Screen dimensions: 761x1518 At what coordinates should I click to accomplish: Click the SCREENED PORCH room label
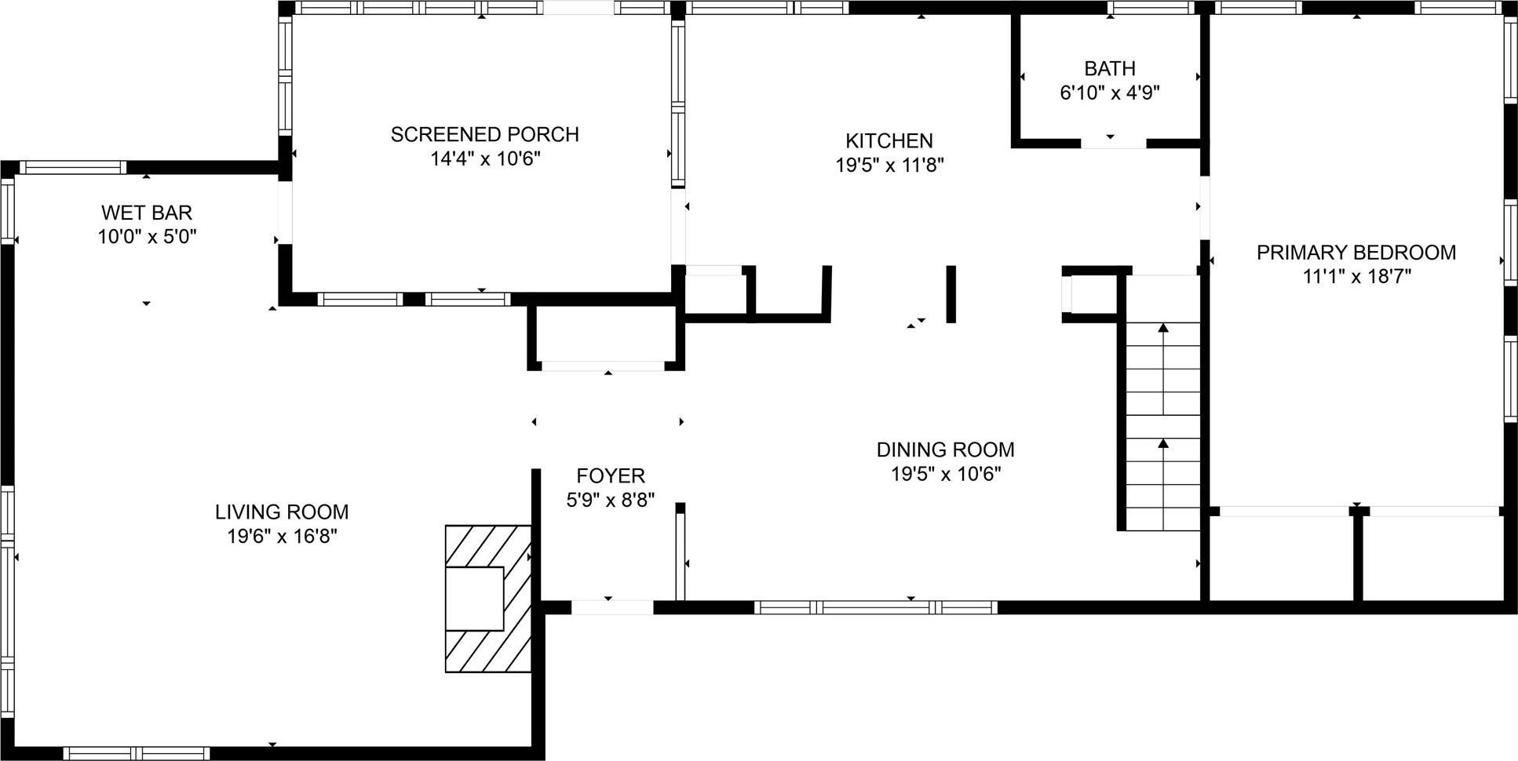[484, 134]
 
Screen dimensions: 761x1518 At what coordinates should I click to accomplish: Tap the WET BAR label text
[147, 213]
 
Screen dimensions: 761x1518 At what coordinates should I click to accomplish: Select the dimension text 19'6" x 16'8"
[282, 537]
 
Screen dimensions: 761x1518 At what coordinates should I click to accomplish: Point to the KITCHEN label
[889, 140]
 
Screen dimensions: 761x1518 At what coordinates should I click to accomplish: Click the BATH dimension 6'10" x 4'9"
[1109, 93]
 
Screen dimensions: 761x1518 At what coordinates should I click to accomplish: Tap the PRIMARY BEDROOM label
[1356, 253]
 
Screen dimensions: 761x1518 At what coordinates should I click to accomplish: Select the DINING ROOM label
[945, 450]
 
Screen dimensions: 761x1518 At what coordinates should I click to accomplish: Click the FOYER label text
[610, 475]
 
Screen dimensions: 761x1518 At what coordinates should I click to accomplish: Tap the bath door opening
[1113, 144]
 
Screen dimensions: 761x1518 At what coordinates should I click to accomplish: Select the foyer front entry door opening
[611, 606]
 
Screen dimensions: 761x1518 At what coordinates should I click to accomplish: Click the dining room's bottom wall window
[875, 606]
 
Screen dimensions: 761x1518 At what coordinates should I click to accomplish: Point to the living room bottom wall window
[137, 753]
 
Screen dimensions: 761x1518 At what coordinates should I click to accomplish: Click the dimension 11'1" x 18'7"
[1356, 276]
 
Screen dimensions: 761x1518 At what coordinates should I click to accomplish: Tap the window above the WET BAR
[72, 167]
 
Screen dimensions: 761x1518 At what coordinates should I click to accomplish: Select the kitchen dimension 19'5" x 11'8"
[889, 165]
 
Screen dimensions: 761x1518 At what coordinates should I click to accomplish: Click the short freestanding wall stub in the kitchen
[951, 294]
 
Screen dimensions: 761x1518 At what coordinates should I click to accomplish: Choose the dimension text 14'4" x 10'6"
[484, 159]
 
